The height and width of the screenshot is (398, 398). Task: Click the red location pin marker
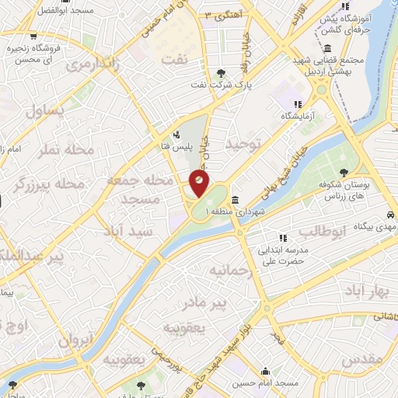[199, 184]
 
